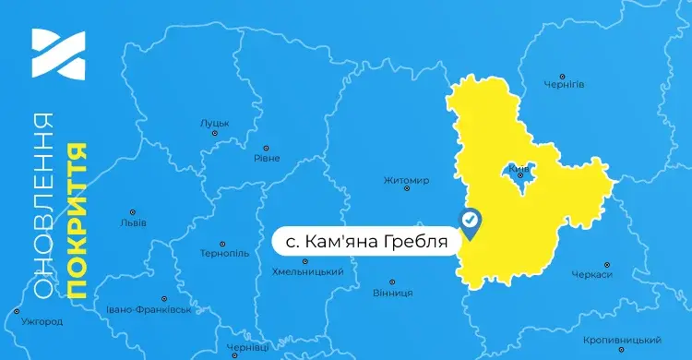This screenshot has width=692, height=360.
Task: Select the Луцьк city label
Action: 214,123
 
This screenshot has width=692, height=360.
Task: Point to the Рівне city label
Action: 266,158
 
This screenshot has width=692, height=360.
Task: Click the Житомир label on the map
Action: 406,180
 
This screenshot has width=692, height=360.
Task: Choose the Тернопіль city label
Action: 225,253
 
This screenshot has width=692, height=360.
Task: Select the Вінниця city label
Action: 392,293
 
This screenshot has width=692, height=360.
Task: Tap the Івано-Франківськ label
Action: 149,309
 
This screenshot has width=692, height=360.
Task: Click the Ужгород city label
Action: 42,322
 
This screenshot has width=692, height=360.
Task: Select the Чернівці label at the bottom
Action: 246,347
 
